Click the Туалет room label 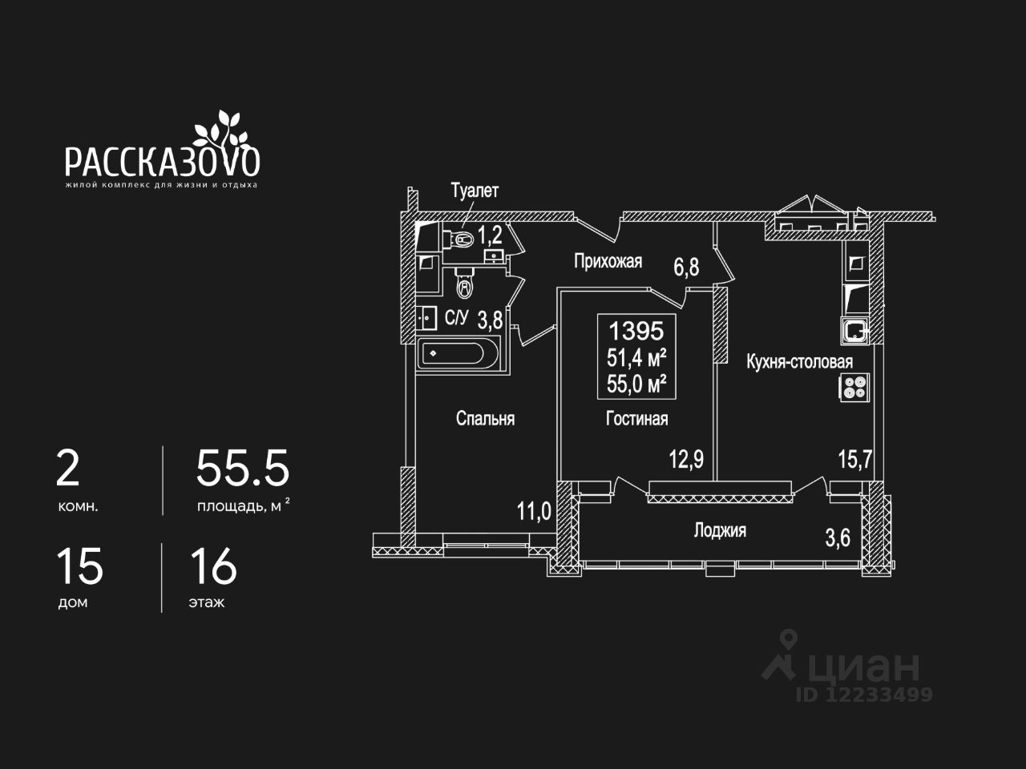tap(475, 191)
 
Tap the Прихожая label tap(608, 261)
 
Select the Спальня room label tap(485, 418)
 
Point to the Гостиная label tap(636, 418)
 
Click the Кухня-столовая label tap(799, 362)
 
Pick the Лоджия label tap(720, 530)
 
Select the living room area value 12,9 tap(686, 460)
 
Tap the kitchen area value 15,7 tap(855, 460)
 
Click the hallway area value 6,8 tap(686, 267)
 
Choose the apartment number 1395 tap(636, 330)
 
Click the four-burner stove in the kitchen tap(856, 388)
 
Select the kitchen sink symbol tap(855, 328)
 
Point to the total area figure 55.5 tap(242, 469)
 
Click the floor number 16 tap(213, 566)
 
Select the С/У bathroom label tap(456, 318)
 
